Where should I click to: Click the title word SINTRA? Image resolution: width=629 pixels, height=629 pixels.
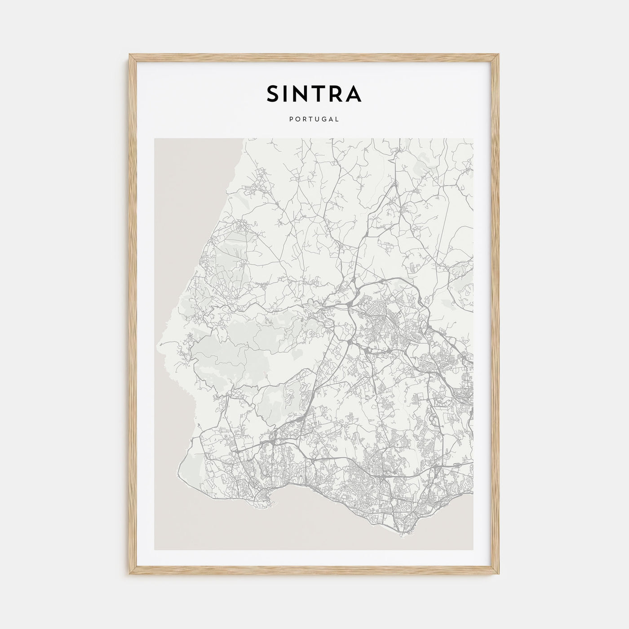tap(314, 93)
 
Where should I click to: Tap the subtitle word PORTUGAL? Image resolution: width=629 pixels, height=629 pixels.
tap(314, 120)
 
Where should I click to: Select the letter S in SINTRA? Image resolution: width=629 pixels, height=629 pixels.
tap(274, 93)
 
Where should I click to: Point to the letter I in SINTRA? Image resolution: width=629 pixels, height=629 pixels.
tap(288, 93)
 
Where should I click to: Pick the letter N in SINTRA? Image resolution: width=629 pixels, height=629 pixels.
tap(303, 93)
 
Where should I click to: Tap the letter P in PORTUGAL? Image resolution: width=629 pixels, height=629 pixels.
tap(291, 120)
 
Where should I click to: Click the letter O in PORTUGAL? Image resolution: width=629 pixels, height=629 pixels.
tap(297, 120)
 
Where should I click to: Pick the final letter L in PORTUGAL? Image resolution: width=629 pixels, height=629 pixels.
tap(337, 120)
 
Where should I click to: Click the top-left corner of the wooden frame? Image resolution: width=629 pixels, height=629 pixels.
tap(129, 55)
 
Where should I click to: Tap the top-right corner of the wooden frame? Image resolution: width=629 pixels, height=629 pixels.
tap(500, 55)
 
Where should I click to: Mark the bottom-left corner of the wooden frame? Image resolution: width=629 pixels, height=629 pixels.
tap(129, 575)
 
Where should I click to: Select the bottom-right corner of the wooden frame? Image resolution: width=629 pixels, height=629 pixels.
tap(500, 575)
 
